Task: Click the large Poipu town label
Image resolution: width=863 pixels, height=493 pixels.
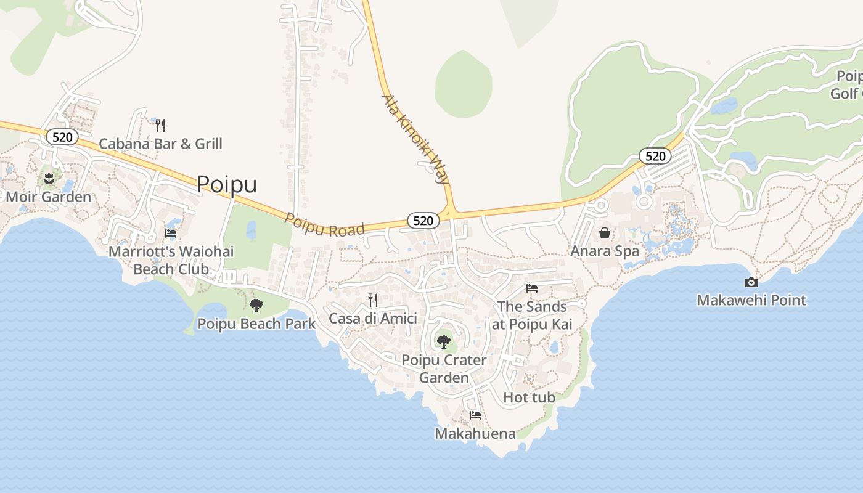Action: (227, 184)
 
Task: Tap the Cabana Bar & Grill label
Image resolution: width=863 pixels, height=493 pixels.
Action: (160, 144)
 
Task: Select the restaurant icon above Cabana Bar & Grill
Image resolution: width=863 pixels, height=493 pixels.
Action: (160, 126)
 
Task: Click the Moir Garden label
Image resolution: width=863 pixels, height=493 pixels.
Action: (49, 197)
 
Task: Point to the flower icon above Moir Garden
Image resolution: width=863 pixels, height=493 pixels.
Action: (49, 179)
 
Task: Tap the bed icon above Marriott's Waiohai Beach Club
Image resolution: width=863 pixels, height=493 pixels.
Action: (171, 234)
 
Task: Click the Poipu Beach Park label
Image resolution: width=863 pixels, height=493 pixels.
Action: (256, 324)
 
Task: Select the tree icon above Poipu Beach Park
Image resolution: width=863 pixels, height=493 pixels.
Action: (256, 305)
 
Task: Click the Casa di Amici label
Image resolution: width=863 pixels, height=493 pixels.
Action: (373, 319)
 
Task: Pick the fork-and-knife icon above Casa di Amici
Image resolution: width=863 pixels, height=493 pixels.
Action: (373, 300)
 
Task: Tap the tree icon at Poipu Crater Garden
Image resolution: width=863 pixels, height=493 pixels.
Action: (443, 341)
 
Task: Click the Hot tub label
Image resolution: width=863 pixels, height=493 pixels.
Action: (530, 397)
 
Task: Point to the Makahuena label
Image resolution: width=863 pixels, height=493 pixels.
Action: (475, 434)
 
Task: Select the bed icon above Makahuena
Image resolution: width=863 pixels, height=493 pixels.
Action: (475, 415)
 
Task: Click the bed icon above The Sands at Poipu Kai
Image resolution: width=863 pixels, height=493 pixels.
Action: (532, 288)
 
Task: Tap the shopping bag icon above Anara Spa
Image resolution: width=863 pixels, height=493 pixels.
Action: (605, 233)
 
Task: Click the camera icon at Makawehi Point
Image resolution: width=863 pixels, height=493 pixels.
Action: (751, 282)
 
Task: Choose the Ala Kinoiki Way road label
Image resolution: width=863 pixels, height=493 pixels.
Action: (415, 139)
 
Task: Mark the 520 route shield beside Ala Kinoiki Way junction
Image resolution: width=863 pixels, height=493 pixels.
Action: (423, 221)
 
